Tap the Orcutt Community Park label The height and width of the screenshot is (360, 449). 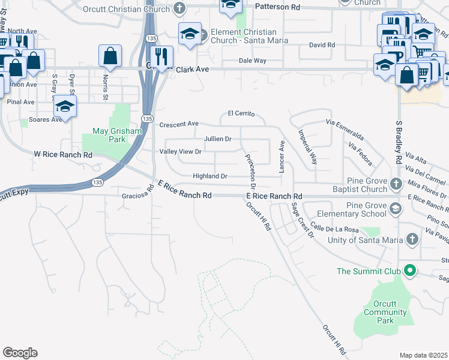[x=385, y=311]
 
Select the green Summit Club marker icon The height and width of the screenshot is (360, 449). [x=411, y=271]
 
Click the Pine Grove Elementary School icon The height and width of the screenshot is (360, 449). [x=395, y=209]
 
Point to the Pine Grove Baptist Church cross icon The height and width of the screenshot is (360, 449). [x=395, y=183]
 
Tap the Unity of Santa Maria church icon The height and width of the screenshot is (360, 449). [x=411, y=239]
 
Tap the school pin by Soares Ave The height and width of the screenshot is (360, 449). [x=65, y=108]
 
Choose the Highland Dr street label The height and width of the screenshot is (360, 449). [x=210, y=176]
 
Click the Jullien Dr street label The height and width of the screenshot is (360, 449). [x=217, y=139]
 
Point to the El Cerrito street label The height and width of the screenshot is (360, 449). [x=241, y=113]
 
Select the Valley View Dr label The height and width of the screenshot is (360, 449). [x=180, y=152]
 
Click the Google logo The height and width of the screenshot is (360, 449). [x=20, y=353]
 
